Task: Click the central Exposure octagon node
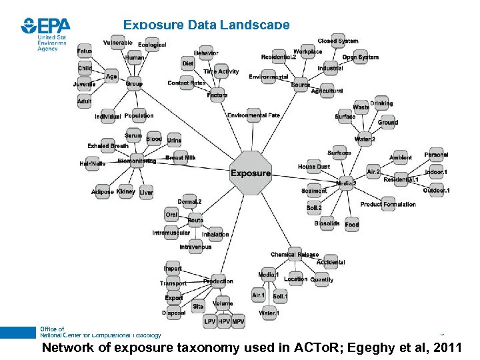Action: point(251,173)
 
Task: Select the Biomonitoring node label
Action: point(137,161)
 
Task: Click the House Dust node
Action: point(314,166)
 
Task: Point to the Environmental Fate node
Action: point(253,115)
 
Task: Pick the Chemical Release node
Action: point(295,255)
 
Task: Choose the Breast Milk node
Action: point(181,158)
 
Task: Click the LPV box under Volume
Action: point(210,321)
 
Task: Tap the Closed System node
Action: point(337,41)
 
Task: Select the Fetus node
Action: point(85,51)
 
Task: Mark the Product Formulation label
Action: point(388,205)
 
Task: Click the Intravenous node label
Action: point(195,247)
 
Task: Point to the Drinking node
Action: point(381,103)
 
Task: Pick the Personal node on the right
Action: point(436,155)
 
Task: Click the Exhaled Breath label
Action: point(108,146)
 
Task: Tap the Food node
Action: point(352,224)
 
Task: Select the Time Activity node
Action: point(221,71)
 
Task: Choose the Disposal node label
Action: point(174,312)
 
